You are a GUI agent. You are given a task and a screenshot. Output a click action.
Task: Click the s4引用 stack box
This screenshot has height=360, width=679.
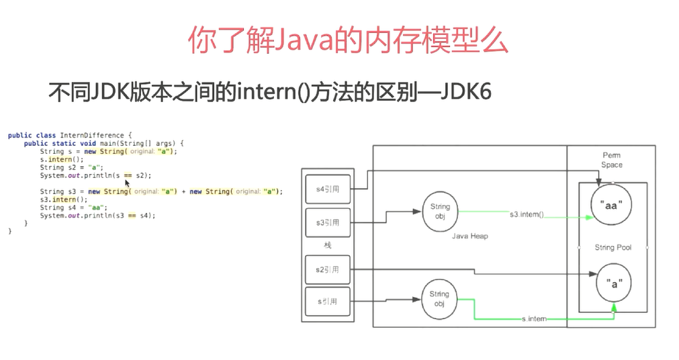tap(327, 189)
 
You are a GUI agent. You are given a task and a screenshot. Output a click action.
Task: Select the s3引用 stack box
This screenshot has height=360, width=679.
tap(327, 222)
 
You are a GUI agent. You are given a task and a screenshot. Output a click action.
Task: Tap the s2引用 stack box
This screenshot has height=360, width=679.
tap(327, 270)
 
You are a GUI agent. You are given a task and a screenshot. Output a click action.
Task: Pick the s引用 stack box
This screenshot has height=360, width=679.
tap(327, 302)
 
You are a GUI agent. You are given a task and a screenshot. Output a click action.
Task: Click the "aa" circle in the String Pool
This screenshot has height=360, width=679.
tap(610, 206)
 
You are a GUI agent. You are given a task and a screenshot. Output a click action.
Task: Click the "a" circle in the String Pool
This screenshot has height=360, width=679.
tap(614, 283)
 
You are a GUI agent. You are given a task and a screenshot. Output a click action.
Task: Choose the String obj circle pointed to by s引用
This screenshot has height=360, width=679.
tap(439, 298)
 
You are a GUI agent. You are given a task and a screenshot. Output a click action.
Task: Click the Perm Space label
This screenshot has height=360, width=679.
tap(612, 160)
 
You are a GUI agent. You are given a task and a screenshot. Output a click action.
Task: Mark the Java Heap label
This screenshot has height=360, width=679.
tap(469, 236)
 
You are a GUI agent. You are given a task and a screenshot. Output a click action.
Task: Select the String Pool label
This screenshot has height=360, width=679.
tap(613, 248)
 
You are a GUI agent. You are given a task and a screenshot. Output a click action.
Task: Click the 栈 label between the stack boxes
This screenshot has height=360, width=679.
tap(328, 246)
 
